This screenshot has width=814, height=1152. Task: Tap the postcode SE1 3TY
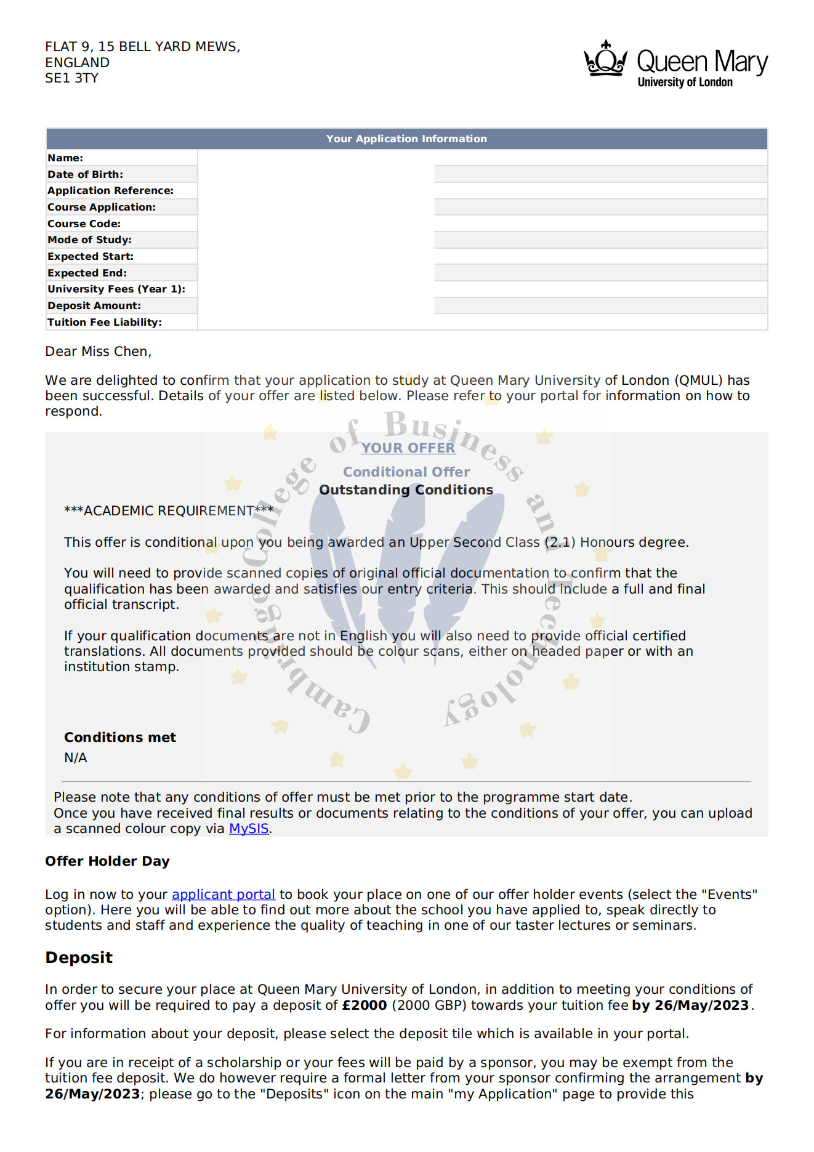click(x=71, y=78)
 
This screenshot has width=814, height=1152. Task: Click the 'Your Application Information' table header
click(x=406, y=139)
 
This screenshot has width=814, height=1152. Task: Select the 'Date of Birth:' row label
click(x=86, y=175)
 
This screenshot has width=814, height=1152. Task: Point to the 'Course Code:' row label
click(x=84, y=224)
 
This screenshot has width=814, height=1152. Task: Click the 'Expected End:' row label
click(x=87, y=273)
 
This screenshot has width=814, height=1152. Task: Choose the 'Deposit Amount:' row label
click(x=94, y=306)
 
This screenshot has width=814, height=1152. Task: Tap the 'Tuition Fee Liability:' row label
click(x=105, y=323)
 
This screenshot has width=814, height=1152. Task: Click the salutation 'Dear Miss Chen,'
click(x=99, y=352)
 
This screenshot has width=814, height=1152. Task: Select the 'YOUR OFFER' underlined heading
click(x=408, y=448)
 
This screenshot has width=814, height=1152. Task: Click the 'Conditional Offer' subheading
click(x=406, y=472)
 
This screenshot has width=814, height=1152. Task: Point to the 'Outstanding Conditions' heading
click(x=406, y=490)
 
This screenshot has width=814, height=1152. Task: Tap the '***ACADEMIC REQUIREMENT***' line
click(x=169, y=511)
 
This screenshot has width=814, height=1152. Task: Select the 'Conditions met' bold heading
click(x=120, y=738)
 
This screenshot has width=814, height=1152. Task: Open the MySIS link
click(x=249, y=829)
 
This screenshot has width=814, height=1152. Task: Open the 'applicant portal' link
click(x=224, y=895)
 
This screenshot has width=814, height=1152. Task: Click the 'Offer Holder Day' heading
click(x=107, y=861)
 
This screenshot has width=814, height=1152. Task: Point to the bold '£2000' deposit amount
click(x=365, y=1005)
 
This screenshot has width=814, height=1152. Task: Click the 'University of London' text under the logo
click(x=685, y=83)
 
